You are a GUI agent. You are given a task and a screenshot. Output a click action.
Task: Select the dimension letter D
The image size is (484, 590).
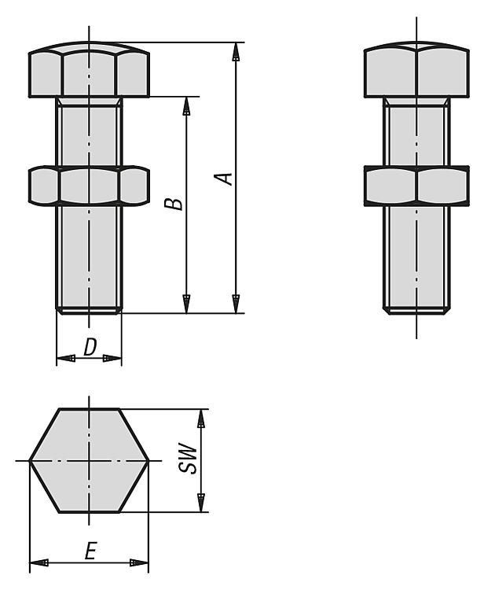coord(90,347)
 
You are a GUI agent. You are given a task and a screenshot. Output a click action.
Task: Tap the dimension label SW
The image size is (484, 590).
coord(188,458)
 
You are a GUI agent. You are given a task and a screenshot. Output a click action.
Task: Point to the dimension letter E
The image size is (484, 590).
coord(90,551)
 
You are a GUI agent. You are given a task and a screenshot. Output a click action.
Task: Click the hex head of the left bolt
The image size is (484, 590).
coord(89,69)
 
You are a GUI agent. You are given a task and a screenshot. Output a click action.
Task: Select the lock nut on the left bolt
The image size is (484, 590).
coord(89,186)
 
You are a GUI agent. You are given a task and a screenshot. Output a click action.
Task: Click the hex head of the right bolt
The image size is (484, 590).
coord(416,69)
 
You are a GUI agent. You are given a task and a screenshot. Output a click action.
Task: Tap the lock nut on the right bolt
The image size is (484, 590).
coord(416,186)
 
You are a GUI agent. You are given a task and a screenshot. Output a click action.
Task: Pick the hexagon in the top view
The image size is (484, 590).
coord(89,460)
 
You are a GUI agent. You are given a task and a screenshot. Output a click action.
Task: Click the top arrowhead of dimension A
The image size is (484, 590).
coord(236,52)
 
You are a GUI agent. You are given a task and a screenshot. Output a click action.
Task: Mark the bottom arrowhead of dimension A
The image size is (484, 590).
coord(236,304)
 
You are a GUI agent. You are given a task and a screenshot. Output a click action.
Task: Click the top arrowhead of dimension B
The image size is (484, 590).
coord(186,106)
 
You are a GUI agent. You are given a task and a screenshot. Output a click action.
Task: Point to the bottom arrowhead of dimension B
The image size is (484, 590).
coord(186,304)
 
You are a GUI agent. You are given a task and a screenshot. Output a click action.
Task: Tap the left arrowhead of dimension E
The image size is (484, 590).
coord(39,563)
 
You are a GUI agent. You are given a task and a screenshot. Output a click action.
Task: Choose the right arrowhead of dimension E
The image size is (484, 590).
coord(139,563)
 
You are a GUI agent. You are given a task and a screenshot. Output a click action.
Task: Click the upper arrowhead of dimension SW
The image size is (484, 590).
coord(202,418)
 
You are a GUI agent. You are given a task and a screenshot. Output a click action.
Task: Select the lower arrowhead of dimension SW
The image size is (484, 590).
coord(202,503)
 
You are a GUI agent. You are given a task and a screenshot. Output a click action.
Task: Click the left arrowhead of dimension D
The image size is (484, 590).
coord(66,358)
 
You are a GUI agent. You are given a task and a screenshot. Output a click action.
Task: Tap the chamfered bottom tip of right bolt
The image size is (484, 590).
coord(416,311)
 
